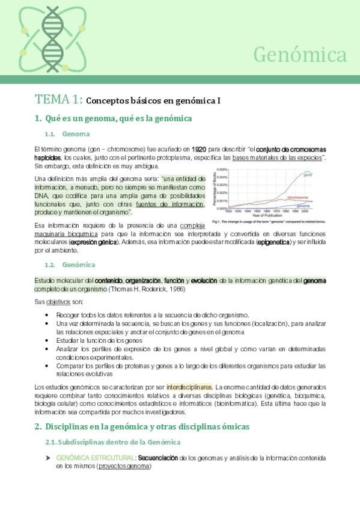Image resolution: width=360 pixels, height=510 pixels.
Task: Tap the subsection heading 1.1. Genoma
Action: coord(69,134)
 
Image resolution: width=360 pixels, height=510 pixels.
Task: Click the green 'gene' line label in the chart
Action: coord(308,174)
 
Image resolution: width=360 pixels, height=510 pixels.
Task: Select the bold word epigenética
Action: coord(273,242)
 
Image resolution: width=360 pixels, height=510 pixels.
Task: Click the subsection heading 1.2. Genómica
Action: coord(72,265)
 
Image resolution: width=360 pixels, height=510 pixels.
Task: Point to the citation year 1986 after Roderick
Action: coord(175,289)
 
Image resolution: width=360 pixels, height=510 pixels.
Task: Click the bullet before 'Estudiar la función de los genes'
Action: coord(47,340)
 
